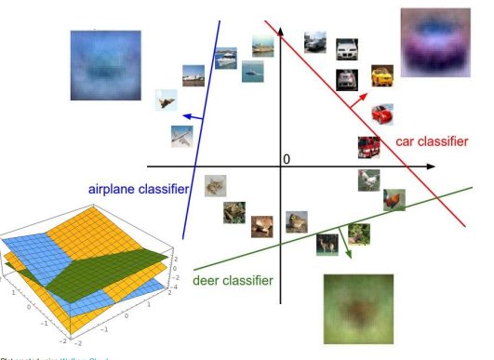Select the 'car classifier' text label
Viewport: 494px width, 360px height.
point(432,140)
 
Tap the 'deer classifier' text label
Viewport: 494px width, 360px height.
point(233,280)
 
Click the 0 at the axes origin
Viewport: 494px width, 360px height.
point(287,159)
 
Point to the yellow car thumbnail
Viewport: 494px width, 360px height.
point(381,73)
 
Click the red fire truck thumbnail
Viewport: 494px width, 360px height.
point(368,146)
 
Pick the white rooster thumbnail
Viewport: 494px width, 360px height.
point(368,179)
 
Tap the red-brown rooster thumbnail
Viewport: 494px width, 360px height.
point(394,199)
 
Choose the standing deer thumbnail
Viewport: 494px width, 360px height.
point(327,242)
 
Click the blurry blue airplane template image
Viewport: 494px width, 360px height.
point(97,64)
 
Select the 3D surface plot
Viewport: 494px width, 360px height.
point(87,274)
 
